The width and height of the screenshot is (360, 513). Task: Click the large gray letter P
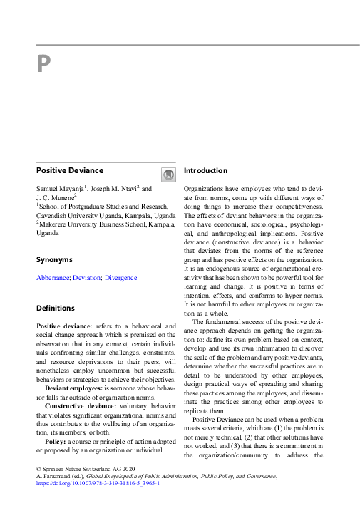point(43,65)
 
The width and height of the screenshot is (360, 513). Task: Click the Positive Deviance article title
point(70,171)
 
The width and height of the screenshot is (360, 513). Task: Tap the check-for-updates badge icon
point(168,175)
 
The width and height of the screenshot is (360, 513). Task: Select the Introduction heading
point(206,171)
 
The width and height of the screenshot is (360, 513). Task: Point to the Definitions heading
point(56,309)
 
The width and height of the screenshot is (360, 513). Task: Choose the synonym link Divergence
point(120,278)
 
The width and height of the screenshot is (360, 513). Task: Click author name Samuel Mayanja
point(61,189)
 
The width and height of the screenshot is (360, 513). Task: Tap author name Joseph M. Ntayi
point(113,189)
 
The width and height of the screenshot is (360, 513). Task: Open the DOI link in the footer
point(98,483)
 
